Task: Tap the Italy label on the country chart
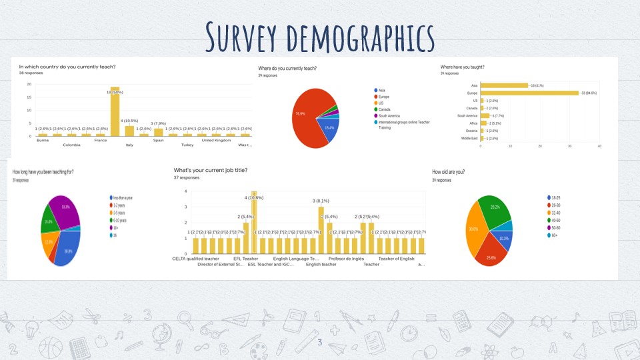click(x=129, y=145)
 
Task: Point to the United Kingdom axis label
click(x=215, y=140)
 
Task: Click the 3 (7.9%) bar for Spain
click(x=158, y=132)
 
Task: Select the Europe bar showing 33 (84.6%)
click(x=529, y=93)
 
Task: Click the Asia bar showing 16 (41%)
click(x=504, y=85)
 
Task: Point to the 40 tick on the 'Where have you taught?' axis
click(x=599, y=146)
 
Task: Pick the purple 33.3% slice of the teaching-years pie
click(x=65, y=211)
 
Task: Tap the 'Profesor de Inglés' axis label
click(x=346, y=259)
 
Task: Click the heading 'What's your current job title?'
click(x=210, y=170)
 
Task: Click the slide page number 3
click(x=319, y=343)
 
